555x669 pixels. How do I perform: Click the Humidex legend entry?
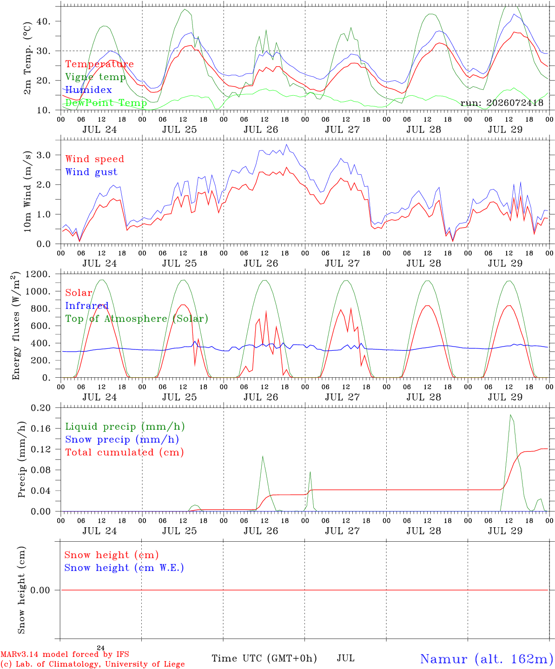[x=88, y=90]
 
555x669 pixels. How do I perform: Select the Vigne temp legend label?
[x=96, y=77]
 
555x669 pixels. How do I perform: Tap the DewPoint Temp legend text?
[x=106, y=103]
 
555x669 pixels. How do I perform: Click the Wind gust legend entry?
[x=92, y=172]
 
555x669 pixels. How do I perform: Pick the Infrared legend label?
[x=87, y=306]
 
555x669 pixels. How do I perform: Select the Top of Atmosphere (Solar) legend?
[x=137, y=319]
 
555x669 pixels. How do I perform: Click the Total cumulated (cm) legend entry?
[x=125, y=453]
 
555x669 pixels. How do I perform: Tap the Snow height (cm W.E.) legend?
[x=124, y=568]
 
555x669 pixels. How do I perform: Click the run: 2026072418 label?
[x=502, y=103]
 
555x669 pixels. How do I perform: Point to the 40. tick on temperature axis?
[x=43, y=21]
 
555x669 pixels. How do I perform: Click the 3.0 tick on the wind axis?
[x=43, y=155]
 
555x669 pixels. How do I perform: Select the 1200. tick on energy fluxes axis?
[x=38, y=274]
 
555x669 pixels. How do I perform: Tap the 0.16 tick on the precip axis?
[x=40, y=429]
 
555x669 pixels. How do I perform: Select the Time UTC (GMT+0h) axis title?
[x=264, y=658]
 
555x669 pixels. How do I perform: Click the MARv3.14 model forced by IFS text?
[x=65, y=654]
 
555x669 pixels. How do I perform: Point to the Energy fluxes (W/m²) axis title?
[x=16, y=326]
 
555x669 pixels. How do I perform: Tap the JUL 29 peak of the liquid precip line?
[x=510, y=415]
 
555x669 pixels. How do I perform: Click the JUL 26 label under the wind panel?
[x=261, y=263]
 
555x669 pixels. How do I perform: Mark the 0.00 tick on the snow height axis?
[x=40, y=590]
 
